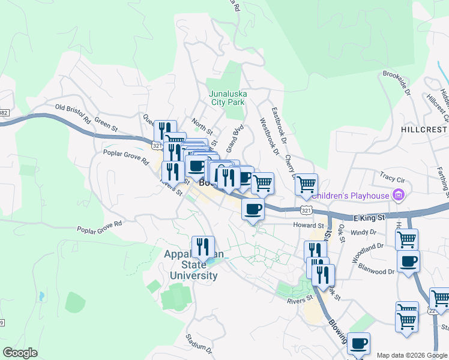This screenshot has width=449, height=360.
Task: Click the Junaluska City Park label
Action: click(227, 98)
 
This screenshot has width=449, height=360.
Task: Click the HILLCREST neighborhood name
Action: click(424, 130)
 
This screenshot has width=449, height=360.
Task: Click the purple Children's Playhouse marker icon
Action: click(397, 194)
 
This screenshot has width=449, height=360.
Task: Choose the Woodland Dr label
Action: click(367, 250)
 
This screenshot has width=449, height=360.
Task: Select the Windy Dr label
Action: click(363, 232)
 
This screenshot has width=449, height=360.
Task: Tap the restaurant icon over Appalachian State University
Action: click(203, 246)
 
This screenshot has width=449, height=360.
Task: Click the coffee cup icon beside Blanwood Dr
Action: click(408, 262)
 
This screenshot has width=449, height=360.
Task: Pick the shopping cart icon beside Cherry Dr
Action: click(306, 184)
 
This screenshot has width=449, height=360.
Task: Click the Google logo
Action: click(20, 352)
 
